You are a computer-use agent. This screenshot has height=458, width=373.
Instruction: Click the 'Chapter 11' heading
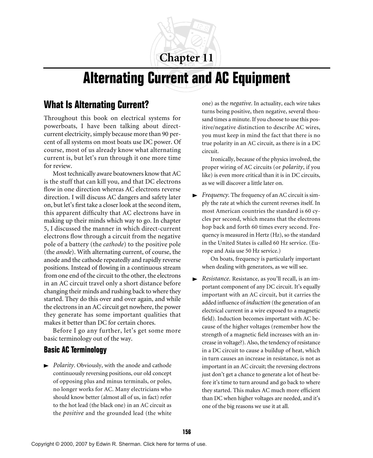(186, 58)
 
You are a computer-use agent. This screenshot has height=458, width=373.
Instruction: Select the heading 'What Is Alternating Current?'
(96, 105)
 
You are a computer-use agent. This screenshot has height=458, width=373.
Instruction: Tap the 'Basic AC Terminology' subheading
(75, 350)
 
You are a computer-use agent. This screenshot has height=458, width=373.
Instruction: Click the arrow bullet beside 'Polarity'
(46, 366)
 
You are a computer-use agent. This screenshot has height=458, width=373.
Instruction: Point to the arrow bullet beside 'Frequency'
(195, 196)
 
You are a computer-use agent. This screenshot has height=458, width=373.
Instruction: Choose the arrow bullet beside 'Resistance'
(195, 279)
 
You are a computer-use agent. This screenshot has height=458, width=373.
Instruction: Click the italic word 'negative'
(241, 103)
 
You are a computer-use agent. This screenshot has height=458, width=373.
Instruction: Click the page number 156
(186, 432)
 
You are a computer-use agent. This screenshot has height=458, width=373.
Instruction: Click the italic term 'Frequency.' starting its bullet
(215, 195)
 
